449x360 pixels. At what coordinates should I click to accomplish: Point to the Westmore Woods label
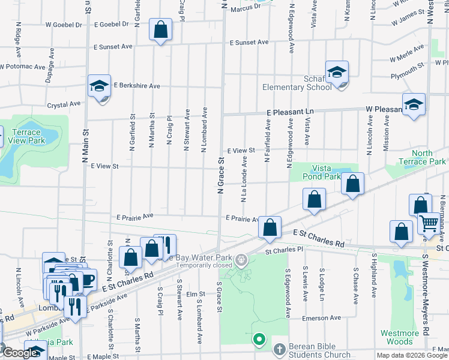tap(400, 337)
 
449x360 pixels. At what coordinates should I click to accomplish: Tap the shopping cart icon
tap(429, 223)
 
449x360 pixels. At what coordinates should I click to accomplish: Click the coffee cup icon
tap(88, 279)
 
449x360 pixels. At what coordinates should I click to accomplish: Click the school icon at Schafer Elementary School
tap(337, 72)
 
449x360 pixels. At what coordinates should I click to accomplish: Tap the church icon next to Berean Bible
tap(279, 349)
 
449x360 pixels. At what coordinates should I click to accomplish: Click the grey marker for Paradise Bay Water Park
tap(241, 260)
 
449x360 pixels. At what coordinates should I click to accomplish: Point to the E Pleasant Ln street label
tap(290, 112)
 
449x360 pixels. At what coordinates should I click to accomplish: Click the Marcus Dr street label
tap(245, 7)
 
